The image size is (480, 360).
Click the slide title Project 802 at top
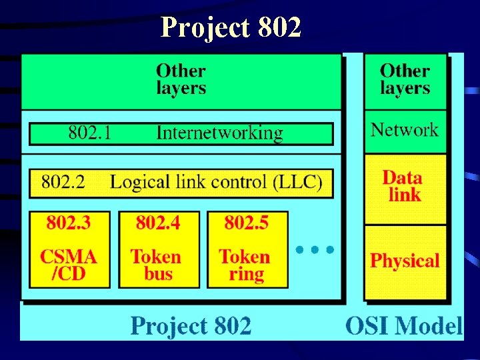231,27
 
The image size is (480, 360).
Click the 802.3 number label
69,223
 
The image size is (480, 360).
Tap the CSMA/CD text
69,265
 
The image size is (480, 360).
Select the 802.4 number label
158,223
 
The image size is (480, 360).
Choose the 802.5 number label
247,223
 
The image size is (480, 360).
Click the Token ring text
245,265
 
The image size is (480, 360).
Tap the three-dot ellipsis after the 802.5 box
315,250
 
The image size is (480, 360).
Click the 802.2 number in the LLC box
63,181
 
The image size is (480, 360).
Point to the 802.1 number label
90,133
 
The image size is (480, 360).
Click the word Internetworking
219,133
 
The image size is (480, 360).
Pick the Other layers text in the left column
181,79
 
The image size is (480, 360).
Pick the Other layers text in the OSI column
405,79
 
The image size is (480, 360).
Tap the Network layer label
405,129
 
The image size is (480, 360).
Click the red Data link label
403,186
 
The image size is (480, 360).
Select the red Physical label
405,261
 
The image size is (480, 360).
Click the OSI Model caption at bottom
403,326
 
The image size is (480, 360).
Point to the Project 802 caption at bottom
191,326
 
